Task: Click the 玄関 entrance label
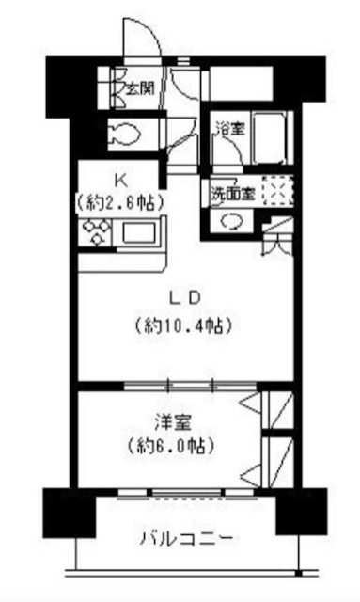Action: (x=140, y=88)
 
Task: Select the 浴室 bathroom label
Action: (x=230, y=129)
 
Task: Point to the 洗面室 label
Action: (x=233, y=194)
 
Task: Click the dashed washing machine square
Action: (x=278, y=191)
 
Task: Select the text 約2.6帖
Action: (x=120, y=202)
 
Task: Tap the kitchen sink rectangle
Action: (x=139, y=232)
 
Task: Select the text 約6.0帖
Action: (x=171, y=446)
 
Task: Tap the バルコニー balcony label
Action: (x=186, y=540)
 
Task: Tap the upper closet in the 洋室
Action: (x=277, y=410)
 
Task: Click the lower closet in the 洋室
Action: (x=277, y=462)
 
